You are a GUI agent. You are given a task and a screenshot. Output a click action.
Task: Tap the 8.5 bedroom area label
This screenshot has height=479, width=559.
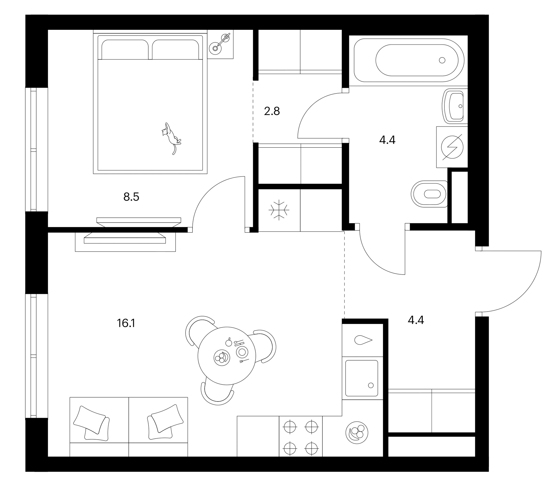tap(131, 197)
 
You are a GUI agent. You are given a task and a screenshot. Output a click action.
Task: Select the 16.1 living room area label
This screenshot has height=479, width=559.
tap(126, 323)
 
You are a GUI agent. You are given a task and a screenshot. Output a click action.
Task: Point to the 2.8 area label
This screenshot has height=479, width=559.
tap(272, 111)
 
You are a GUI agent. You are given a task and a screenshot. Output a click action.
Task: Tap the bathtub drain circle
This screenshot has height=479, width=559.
tap(442, 60)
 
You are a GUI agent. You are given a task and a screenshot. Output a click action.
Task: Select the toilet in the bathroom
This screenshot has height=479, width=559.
tap(429, 194)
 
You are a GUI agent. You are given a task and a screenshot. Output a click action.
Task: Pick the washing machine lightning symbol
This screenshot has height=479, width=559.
tap(452, 147)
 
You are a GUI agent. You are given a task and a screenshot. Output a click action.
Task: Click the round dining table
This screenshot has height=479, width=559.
tap(227, 356)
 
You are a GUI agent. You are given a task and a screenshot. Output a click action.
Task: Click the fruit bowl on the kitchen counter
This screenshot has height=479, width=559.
tap(357, 432)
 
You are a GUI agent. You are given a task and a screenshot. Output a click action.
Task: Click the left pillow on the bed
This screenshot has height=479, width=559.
tap(125, 49)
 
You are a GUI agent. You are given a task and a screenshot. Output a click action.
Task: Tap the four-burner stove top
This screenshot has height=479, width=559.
tap(301, 436)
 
